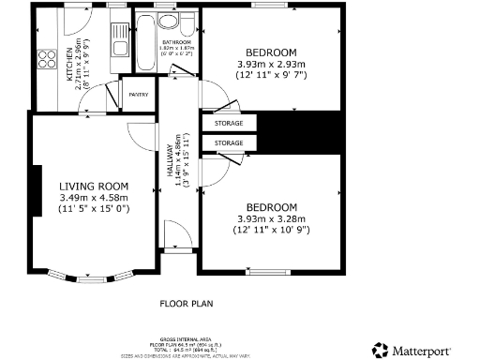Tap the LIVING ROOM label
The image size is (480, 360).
pos(93,187)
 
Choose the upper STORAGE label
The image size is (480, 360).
pos(229,124)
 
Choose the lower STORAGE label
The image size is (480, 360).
pos(229,142)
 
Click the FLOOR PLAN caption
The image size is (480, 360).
pos(187,304)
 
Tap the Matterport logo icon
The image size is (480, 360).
pos(380,350)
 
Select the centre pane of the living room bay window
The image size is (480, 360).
pos(91,279)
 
